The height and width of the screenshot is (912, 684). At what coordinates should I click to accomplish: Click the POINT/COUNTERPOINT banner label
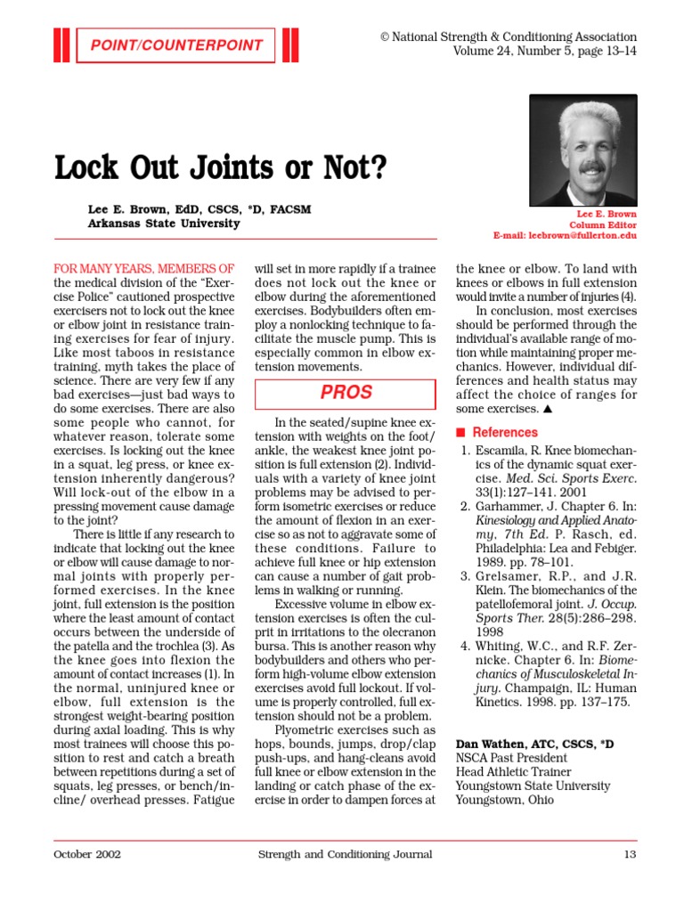(x=175, y=45)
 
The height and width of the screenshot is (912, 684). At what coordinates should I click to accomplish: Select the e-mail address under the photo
(x=565, y=236)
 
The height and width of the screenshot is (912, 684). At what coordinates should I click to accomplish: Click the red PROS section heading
(x=346, y=393)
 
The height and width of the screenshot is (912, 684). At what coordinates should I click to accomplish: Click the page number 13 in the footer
(x=630, y=854)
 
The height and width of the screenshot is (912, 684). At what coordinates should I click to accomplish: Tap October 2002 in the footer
(x=87, y=854)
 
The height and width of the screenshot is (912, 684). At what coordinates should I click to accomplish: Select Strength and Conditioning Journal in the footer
(x=345, y=854)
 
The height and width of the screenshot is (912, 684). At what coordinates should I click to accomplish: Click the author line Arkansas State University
(x=164, y=224)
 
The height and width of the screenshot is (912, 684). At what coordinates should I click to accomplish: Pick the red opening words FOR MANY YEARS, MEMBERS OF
(x=144, y=268)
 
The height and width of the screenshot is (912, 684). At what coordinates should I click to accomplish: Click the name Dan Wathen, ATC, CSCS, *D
(x=534, y=743)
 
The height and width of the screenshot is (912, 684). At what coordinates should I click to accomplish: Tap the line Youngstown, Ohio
(x=504, y=800)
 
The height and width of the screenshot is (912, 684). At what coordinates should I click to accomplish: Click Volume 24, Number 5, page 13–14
(x=545, y=51)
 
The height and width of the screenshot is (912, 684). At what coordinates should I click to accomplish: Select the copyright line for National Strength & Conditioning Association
(x=509, y=37)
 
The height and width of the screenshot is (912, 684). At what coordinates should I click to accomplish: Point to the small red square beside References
(x=460, y=433)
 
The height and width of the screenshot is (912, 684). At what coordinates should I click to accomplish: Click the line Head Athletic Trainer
(x=513, y=771)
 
